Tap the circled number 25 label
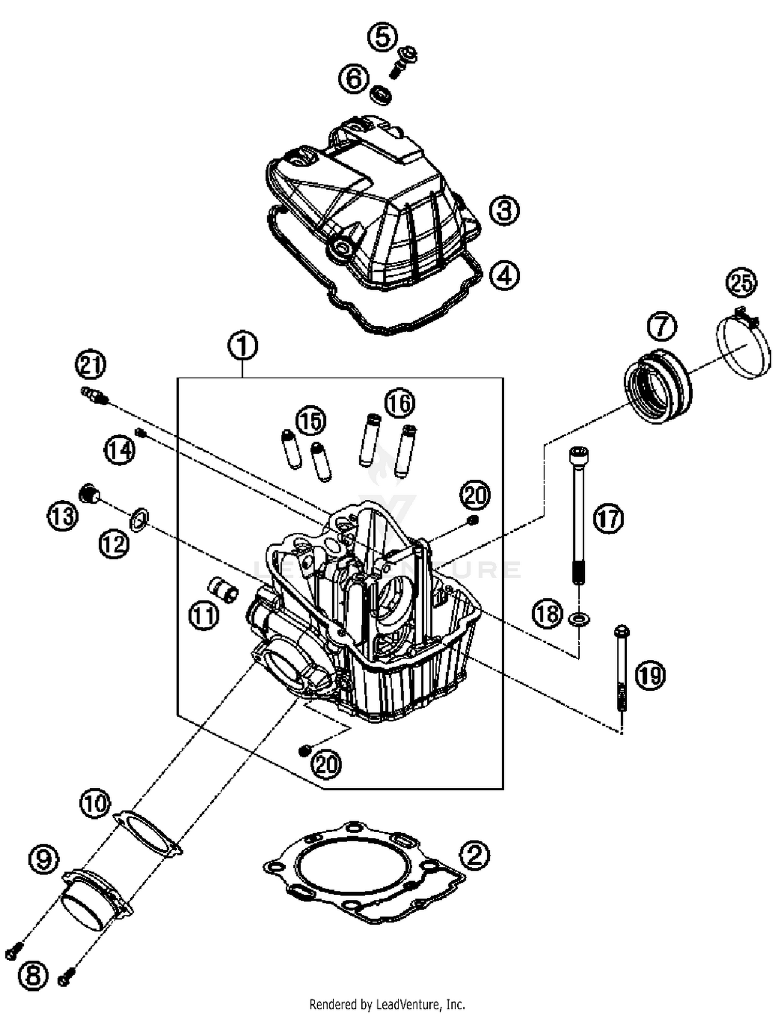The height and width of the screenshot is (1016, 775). tap(741, 283)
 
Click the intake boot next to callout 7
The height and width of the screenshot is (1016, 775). tap(657, 386)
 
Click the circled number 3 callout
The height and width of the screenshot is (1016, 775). tap(504, 211)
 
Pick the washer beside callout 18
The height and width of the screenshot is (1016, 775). tap(579, 618)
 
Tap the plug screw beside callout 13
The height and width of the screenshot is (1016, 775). tap(89, 493)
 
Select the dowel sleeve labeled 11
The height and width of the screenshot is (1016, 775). tap(223, 589)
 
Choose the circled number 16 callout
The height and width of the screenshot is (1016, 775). tap(400, 403)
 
